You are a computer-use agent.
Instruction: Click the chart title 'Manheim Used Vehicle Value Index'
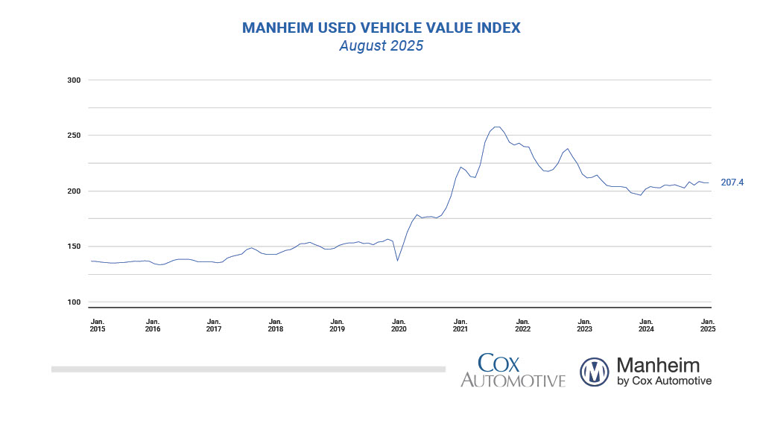[x=381, y=28]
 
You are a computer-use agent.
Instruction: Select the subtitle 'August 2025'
[x=381, y=46]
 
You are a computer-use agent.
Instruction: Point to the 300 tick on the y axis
[x=73, y=80]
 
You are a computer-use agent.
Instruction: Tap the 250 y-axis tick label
[x=73, y=136]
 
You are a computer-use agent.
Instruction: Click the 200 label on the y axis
[x=73, y=191]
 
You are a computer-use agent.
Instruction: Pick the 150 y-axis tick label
[x=73, y=247]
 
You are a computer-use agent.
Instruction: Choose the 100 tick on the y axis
[x=73, y=302]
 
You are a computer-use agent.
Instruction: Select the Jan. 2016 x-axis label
[x=153, y=325]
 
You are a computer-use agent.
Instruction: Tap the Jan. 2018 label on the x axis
[x=276, y=325]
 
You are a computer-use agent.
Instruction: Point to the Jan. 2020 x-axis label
[x=399, y=325]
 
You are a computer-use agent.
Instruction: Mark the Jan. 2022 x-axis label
[x=522, y=325]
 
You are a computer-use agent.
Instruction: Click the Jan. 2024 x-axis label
[x=646, y=325]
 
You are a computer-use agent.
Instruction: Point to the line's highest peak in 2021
[x=497, y=127]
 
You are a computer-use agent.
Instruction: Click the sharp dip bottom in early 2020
[x=397, y=260]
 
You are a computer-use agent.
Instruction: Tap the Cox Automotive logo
[x=513, y=371]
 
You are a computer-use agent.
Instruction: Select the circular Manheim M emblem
[x=595, y=372]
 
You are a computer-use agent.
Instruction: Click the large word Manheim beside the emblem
[x=658, y=365]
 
